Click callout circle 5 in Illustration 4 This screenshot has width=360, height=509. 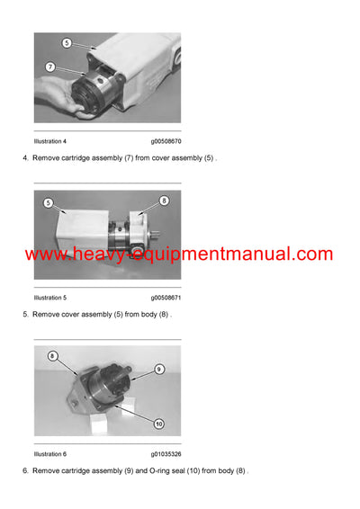click(x=67, y=42)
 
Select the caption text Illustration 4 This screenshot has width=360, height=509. click(x=50, y=141)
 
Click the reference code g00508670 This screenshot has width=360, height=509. click(x=166, y=141)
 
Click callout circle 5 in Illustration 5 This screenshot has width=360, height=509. click(x=48, y=203)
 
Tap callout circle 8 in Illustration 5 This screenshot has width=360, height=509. click(x=164, y=201)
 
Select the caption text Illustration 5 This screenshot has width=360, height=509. click(x=50, y=297)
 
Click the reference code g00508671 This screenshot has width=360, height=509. click(x=166, y=297)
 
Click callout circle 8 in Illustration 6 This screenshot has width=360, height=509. click(x=53, y=356)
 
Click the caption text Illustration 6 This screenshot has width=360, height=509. click(x=50, y=453)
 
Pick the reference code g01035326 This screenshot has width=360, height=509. click(x=166, y=453)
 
